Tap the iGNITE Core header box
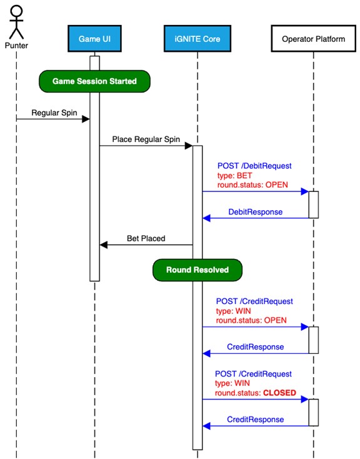[197, 39]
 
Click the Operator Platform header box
[313, 39]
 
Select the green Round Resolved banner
[197, 270]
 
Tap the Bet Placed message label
[146, 238]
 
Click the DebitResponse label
[254, 212]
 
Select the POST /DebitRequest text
[254, 166]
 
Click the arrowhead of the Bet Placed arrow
[104, 245]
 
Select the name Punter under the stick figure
[16, 46]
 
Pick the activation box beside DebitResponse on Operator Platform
[314, 204]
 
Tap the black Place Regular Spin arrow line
[144, 145]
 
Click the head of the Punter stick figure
[16, 10]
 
